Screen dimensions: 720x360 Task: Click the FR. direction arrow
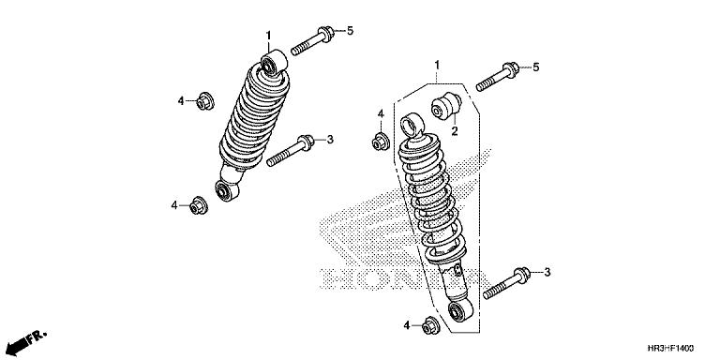pos(26,341)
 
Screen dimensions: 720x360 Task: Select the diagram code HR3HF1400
pos(670,349)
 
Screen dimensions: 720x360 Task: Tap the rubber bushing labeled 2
pos(446,107)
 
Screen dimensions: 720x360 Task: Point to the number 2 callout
pos(455,132)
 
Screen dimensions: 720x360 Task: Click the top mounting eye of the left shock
pos(274,63)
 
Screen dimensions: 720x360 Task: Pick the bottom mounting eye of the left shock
pos(227,190)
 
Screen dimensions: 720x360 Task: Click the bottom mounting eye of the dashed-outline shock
pos(459,311)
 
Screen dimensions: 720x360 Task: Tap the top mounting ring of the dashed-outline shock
pos(412,124)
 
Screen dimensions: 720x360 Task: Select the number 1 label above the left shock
pos(268,36)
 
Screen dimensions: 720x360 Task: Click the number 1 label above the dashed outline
pos(437,65)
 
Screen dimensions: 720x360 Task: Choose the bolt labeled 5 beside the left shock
pos(312,41)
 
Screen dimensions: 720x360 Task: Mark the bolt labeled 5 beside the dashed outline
pos(497,77)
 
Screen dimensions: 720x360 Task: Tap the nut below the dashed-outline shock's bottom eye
pos(430,325)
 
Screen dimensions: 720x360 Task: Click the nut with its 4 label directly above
pos(381,141)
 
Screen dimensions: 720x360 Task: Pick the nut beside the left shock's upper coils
pos(204,101)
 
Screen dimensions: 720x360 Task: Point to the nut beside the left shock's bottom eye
pos(199,205)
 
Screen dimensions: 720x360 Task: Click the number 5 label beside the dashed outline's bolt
pos(535,67)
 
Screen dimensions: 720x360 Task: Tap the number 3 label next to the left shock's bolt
pos(330,140)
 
